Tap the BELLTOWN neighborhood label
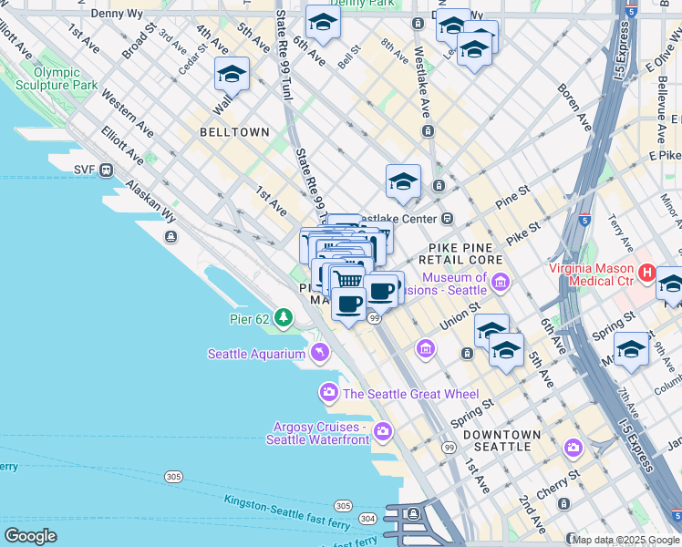[x=235, y=132]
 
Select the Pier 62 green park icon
[x=284, y=317]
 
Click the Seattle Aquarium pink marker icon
[x=320, y=352]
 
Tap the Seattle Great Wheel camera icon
[x=328, y=393]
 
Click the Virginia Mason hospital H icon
[x=647, y=272]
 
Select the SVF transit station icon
[x=107, y=169]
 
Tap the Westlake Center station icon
[x=447, y=219]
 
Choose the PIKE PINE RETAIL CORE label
[x=466, y=253]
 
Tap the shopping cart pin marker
[x=346, y=278]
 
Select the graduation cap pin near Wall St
[x=232, y=75]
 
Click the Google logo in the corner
[x=30, y=536]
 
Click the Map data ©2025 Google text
[x=624, y=540]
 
